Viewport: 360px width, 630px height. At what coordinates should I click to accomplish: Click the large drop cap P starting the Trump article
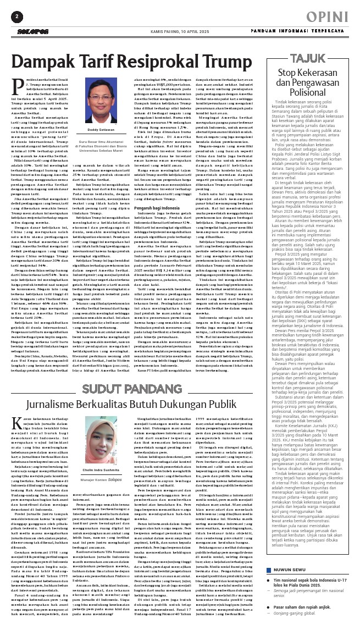(x=16, y=84)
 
